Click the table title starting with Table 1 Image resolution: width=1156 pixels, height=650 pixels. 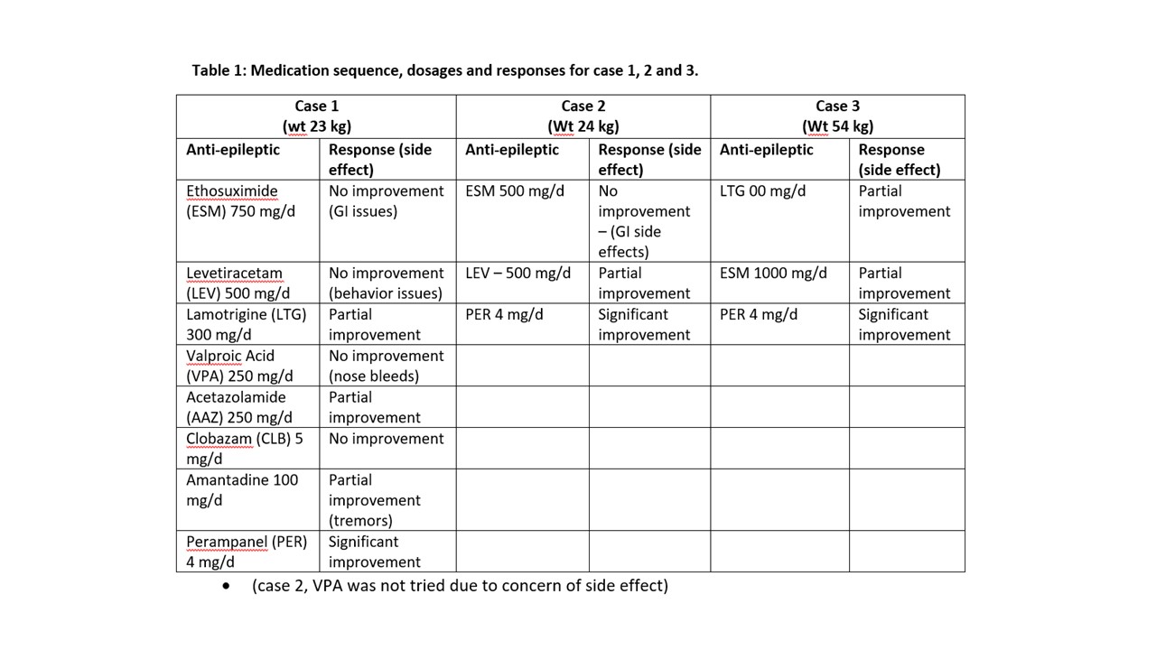pyautogui.click(x=444, y=70)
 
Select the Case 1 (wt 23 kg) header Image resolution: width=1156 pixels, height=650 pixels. pyautogui.click(x=316, y=116)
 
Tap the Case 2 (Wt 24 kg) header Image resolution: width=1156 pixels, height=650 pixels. pyautogui.click(x=583, y=116)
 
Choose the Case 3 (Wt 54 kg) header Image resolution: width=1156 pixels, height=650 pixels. pyautogui.click(x=837, y=116)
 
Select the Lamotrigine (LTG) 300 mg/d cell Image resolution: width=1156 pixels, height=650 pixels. pyautogui.click(x=246, y=324)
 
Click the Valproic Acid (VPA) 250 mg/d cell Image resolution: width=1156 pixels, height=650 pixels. pyautogui.click(x=239, y=366)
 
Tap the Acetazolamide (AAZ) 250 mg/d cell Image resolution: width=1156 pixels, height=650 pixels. pyautogui.click(x=239, y=407)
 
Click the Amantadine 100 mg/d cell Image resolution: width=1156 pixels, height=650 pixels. pyautogui.click(x=242, y=489)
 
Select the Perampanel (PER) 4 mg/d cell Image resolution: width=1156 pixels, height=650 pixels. pyautogui.click(x=246, y=552)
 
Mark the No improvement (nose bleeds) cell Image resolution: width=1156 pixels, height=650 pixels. pyautogui.click(x=387, y=366)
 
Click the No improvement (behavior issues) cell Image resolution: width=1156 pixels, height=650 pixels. pyautogui.click(x=387, y=283)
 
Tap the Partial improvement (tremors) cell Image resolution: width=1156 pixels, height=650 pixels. pyautogui.click(x=375, y=500)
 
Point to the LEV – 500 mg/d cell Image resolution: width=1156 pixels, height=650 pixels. pyautogui.click(x=517, y=273)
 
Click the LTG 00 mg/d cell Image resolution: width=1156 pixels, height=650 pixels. pyautogui.click(x=762, y=191)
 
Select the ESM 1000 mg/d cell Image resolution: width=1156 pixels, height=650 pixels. pyautogui.click(x=773, y=273)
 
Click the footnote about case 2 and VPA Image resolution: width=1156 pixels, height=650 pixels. pyautogui.click(x=460, y=585)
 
